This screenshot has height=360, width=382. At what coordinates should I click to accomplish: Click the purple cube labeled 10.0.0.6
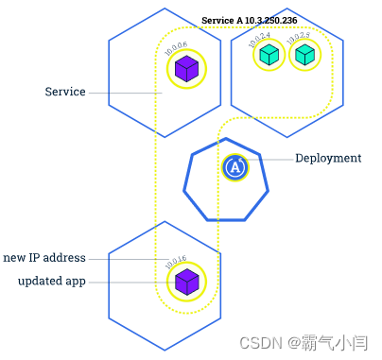[x=186, y=69]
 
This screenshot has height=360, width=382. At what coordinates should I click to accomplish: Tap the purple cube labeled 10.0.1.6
[x=186, y=282]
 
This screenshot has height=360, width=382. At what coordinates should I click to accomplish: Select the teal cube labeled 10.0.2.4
[x=269, y=56]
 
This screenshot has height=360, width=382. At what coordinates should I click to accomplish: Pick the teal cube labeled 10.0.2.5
[x=304, y=56]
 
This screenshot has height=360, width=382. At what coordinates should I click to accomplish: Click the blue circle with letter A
[x=234, y=167]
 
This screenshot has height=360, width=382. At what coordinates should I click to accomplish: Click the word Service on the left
[x=65, y=93]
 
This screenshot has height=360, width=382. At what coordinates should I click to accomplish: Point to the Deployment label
[x=328, y=159]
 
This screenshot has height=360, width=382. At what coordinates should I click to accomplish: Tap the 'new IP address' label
[x=44, y=258]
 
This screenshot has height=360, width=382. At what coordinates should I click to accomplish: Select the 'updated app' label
[x=52, y=282]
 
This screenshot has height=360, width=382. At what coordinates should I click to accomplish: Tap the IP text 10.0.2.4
[x=259, y=38]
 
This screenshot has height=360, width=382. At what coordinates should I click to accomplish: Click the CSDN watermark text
[x=255, y=342]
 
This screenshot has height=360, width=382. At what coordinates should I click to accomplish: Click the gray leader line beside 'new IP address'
[x=128, y=259]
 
